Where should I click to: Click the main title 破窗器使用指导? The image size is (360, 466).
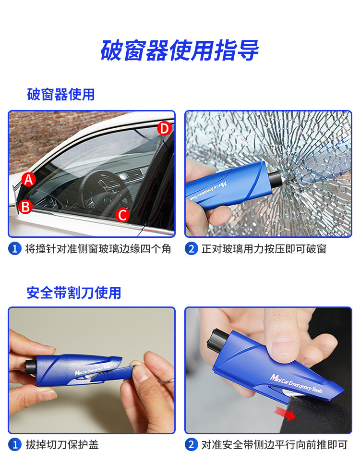180,50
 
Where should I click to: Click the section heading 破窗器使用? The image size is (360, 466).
60,94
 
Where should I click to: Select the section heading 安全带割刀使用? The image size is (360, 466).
74,293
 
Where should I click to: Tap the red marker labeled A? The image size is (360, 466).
29,180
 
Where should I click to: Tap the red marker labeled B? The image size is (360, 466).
25,207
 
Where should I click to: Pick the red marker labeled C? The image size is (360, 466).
123,215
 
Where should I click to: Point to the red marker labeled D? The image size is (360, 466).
164,129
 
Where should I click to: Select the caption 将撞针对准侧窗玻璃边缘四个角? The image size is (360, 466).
98,249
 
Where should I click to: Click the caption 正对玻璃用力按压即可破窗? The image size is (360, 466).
264,249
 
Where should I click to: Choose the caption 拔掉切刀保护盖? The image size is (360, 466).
62,445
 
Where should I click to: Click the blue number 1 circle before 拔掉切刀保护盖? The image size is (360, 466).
15,445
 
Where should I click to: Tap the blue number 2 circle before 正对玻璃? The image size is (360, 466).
192,249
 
